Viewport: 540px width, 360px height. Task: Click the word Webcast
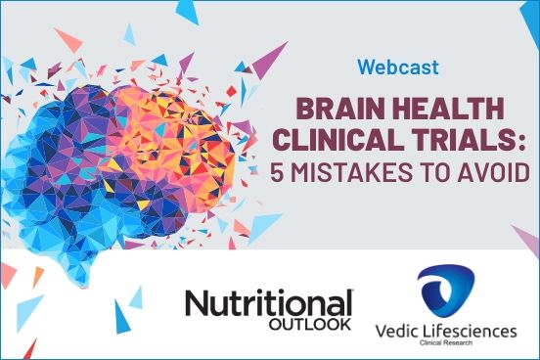pos(397,68)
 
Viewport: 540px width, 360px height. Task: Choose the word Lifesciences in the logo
pos(474,332)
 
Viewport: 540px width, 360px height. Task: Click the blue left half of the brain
pos(68,157)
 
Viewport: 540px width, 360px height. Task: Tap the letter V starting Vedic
pos(381,332)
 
